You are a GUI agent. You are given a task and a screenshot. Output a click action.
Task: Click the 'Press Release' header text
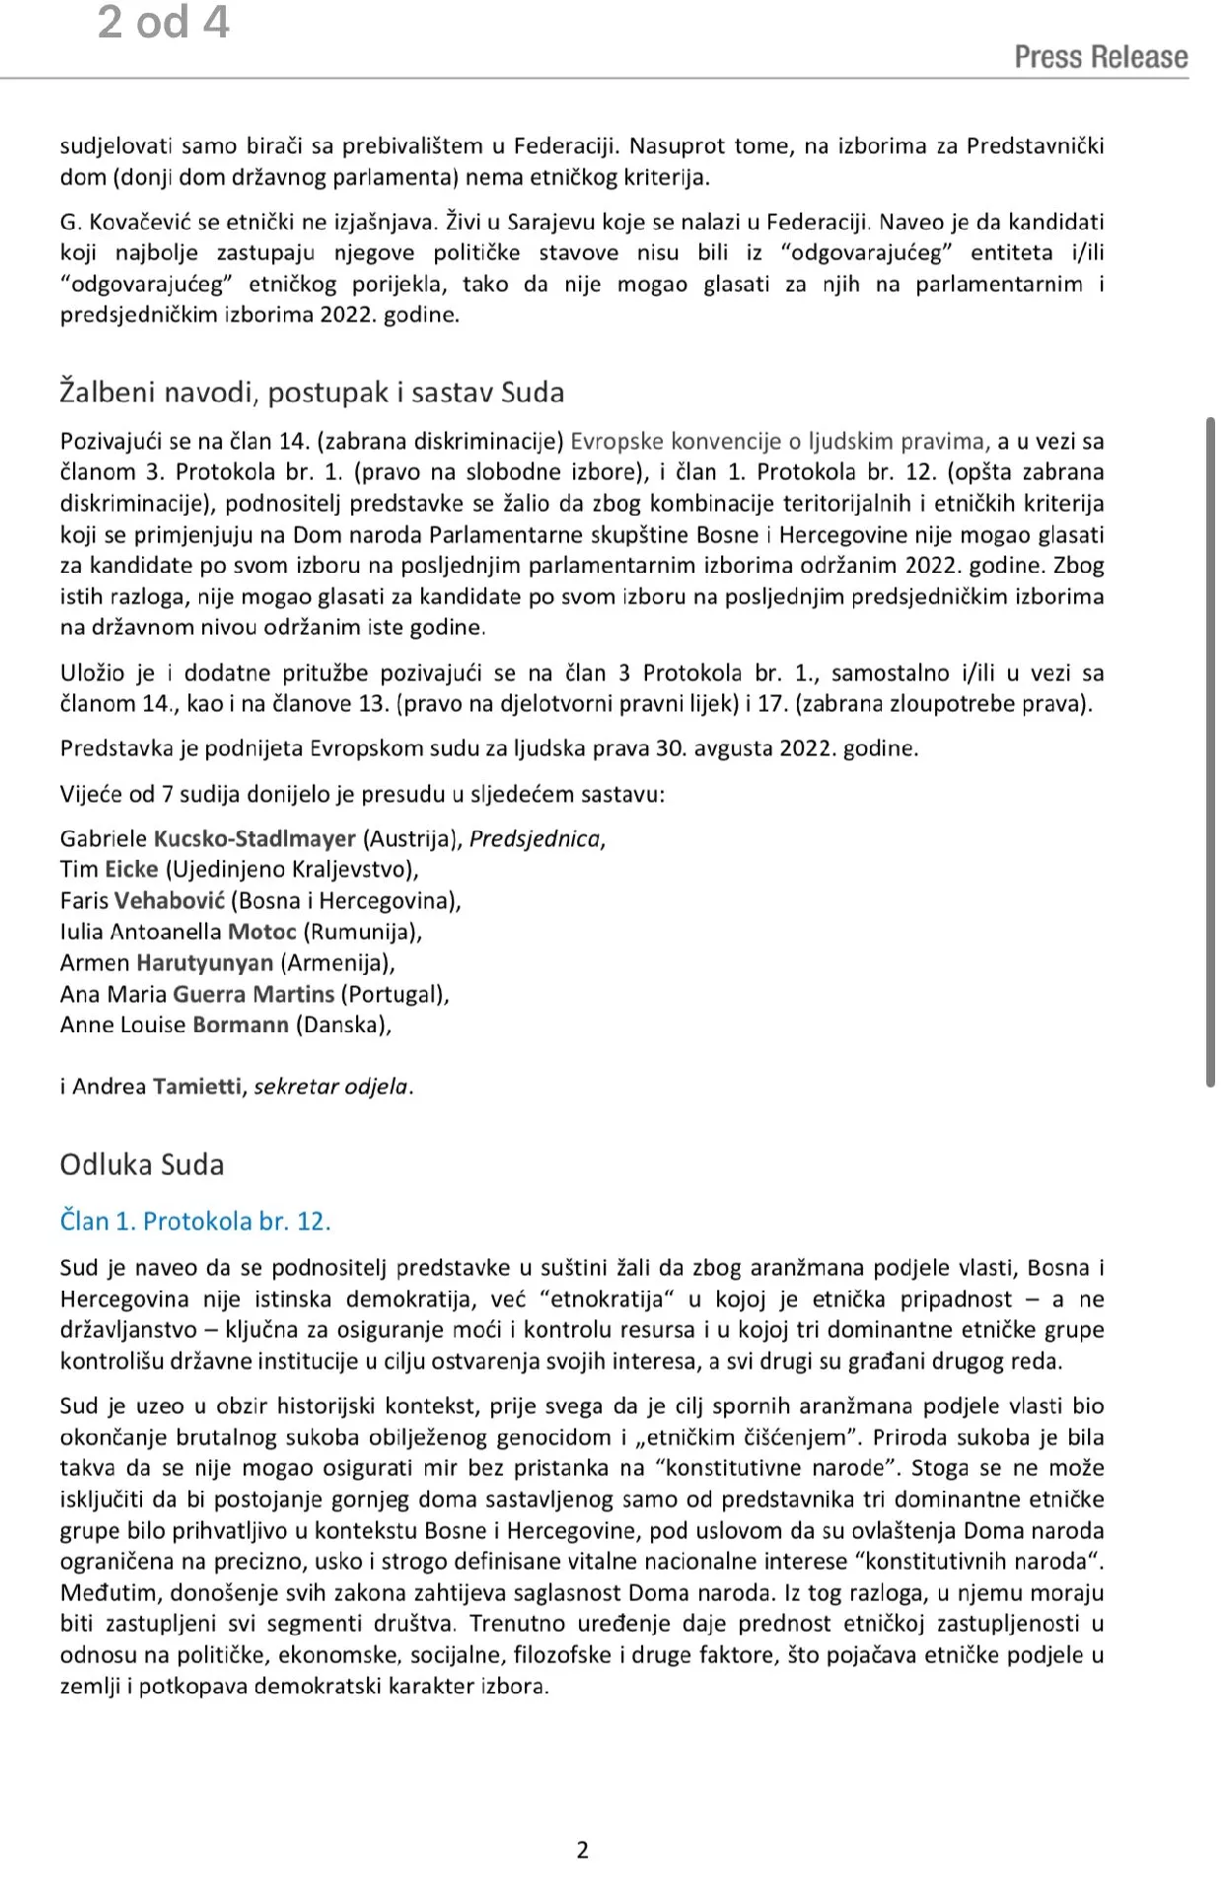point(1101,57)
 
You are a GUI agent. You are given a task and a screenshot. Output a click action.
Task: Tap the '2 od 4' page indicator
point(164,23)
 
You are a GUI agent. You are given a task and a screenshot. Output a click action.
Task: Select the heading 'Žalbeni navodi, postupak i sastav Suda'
point(312,392)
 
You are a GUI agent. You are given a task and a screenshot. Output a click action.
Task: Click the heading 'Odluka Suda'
point(142,1164)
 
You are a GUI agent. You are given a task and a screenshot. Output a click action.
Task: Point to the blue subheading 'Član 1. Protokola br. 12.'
point(195,1221)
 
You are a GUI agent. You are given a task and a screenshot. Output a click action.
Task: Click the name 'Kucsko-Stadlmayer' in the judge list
point(254,839)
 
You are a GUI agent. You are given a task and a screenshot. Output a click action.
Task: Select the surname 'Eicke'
point(131,870)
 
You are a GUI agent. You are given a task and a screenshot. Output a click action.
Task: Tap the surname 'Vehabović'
point(170,901)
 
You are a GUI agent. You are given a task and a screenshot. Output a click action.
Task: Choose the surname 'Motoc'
point(262,932)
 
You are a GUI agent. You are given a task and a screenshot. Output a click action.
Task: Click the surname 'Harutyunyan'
point(204,963)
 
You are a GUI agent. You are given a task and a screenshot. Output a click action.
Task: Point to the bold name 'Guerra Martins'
point(253,994)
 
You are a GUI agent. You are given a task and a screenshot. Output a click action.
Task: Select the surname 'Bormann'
point(241,1025)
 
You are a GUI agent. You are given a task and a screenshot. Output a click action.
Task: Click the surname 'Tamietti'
point(197,1087)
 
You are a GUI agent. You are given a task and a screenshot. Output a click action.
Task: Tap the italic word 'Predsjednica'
point(535,839)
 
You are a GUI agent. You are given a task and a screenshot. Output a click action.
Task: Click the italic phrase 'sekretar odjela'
point(330,1087)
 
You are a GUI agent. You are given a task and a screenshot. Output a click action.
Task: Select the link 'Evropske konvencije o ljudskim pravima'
point(780,442)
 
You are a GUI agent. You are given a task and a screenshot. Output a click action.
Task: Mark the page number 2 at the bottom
point(582,1850)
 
